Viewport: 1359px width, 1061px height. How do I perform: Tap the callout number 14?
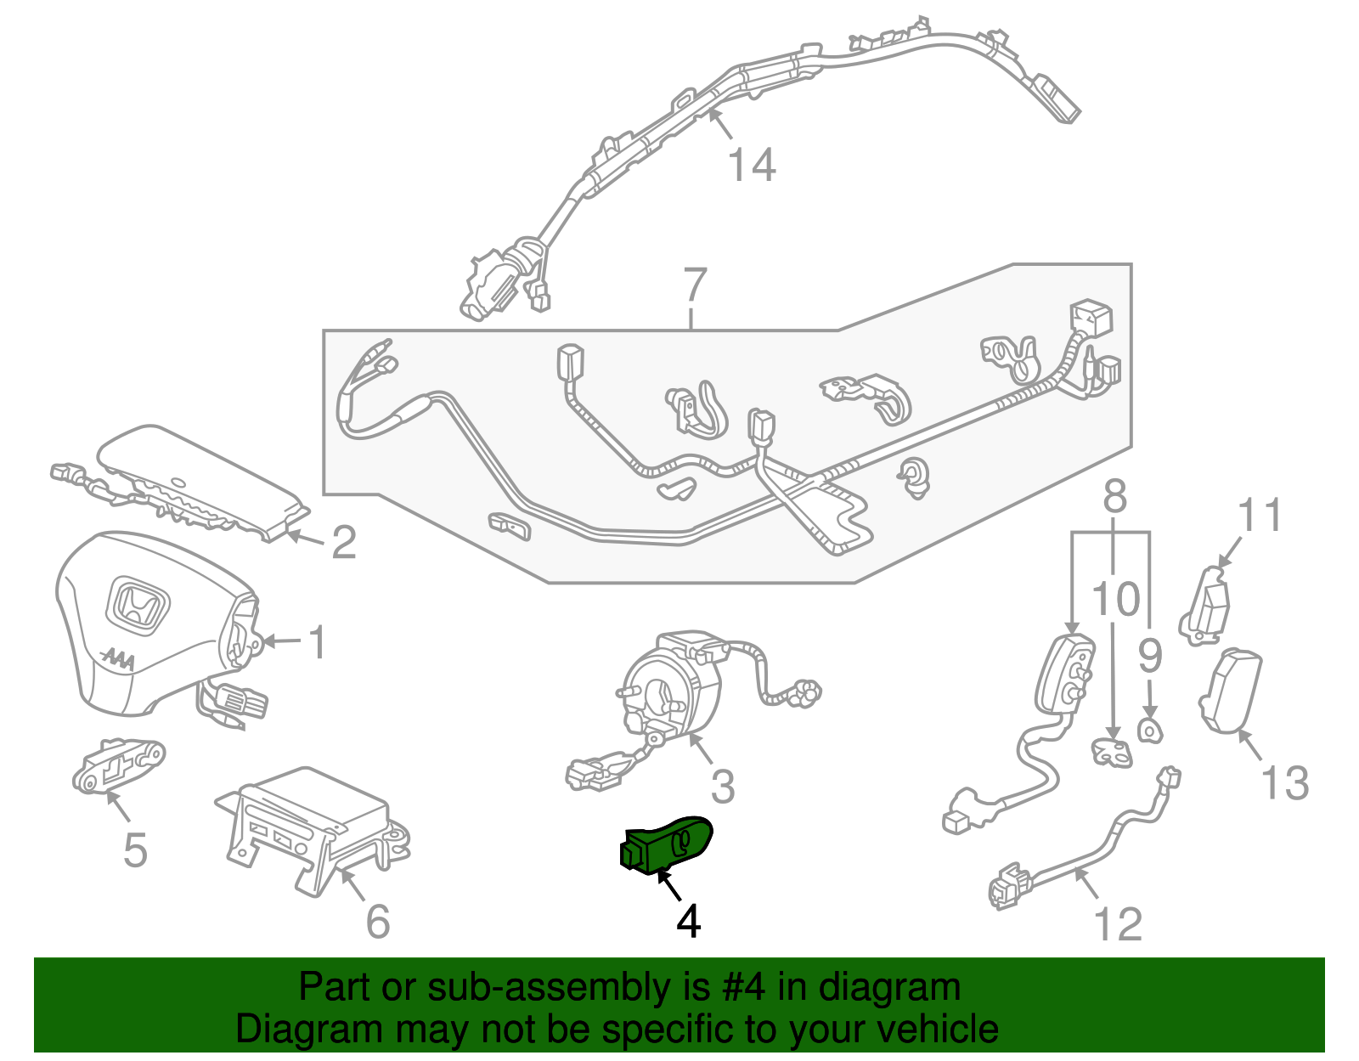coord(752,165)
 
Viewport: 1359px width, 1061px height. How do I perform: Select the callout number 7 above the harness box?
coord(695,285)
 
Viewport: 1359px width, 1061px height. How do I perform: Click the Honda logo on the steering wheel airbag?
coord(138,607)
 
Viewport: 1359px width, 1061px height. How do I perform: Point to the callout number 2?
coord(343,542)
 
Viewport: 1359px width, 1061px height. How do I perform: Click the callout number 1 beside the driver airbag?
coord(317,642)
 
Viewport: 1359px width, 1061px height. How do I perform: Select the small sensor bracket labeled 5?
coord(116,765)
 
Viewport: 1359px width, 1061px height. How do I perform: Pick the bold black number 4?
coord(689,921)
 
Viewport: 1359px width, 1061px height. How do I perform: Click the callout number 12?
coord(1118,924)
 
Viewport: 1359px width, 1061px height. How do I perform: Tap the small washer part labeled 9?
coord(1148,729)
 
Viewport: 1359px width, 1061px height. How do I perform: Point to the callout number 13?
coord(1284,783)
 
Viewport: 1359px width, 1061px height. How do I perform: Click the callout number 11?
coord(1260,516)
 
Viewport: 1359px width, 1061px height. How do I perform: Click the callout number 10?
coord(1115,600)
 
